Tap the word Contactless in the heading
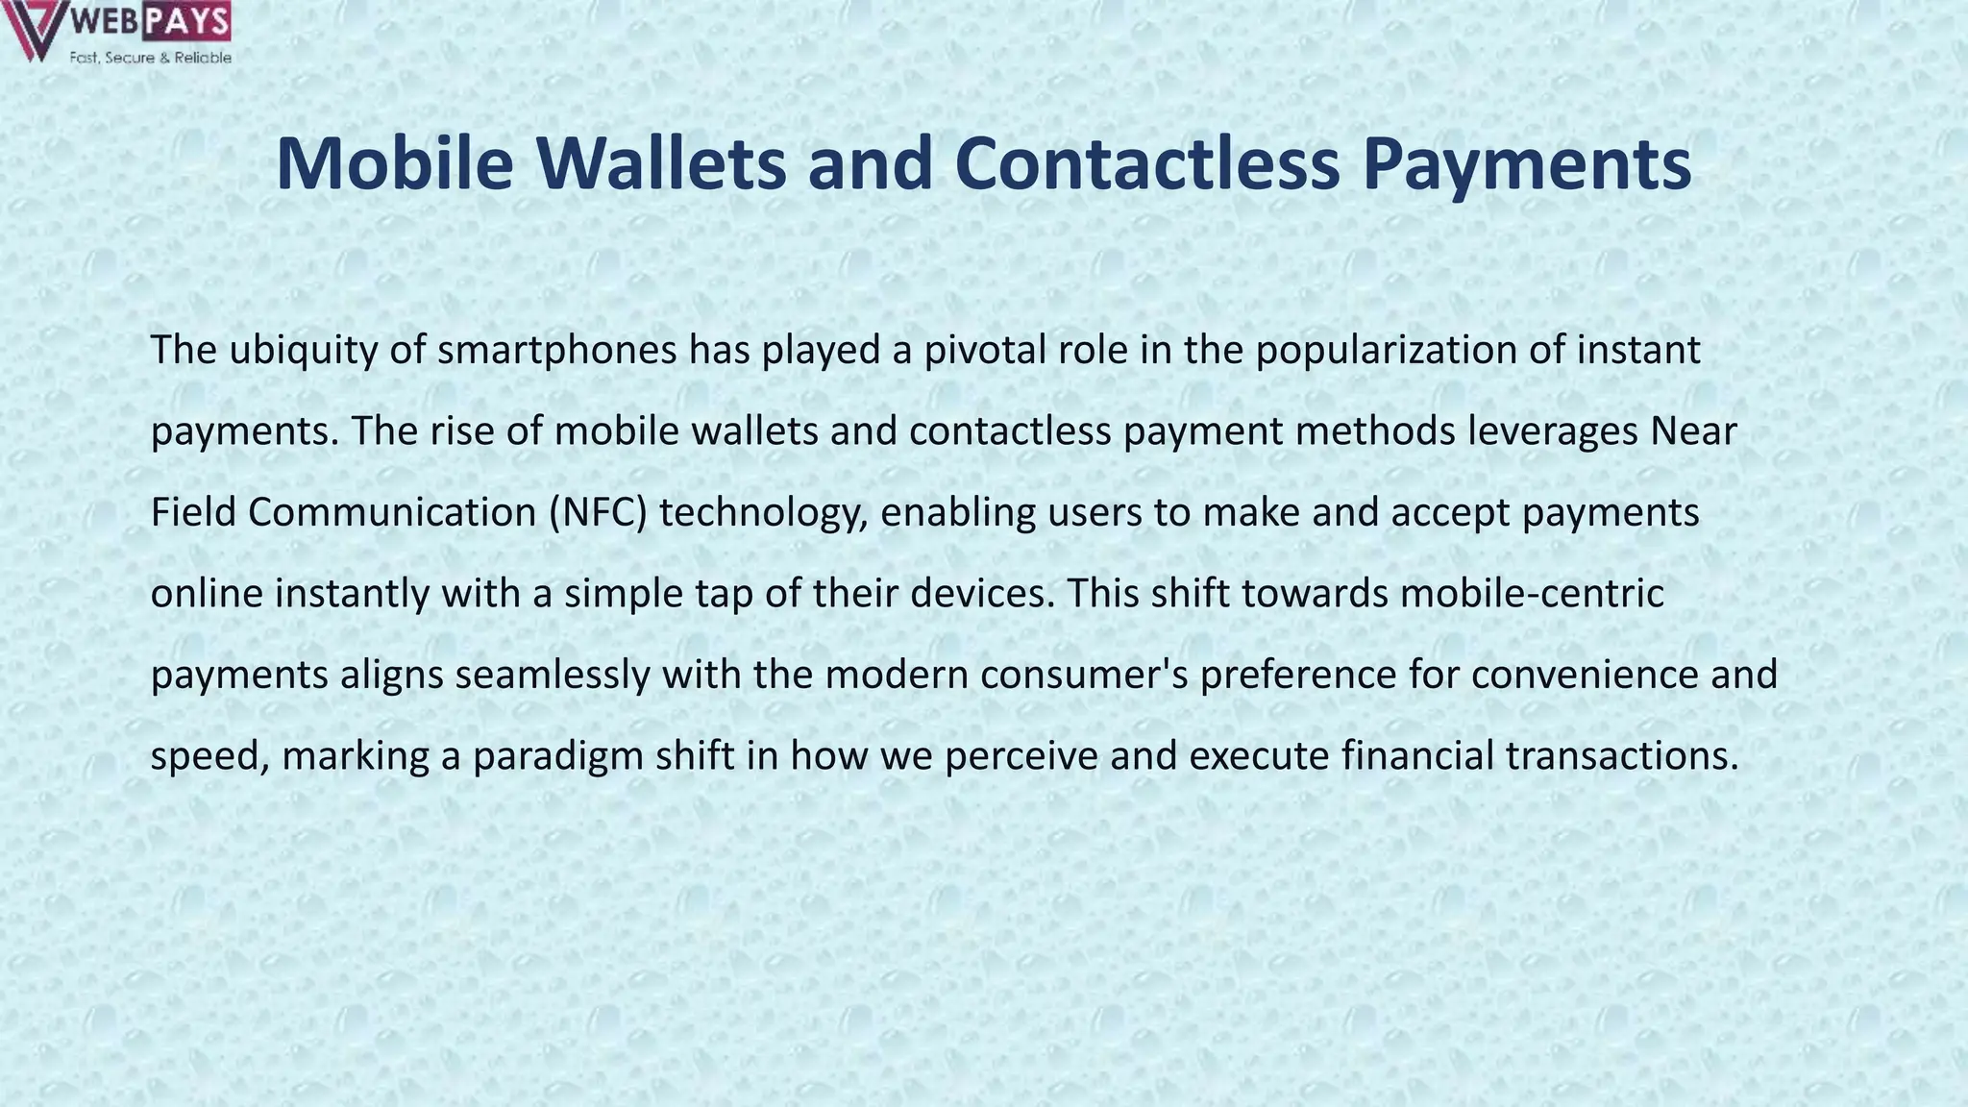1147,163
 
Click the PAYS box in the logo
187,21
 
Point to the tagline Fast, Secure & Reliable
150,58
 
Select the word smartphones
557,350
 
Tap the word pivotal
985,350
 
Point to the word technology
763,512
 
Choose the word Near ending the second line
1693,431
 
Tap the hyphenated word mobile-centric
1532,593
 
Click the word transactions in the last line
1622,756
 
